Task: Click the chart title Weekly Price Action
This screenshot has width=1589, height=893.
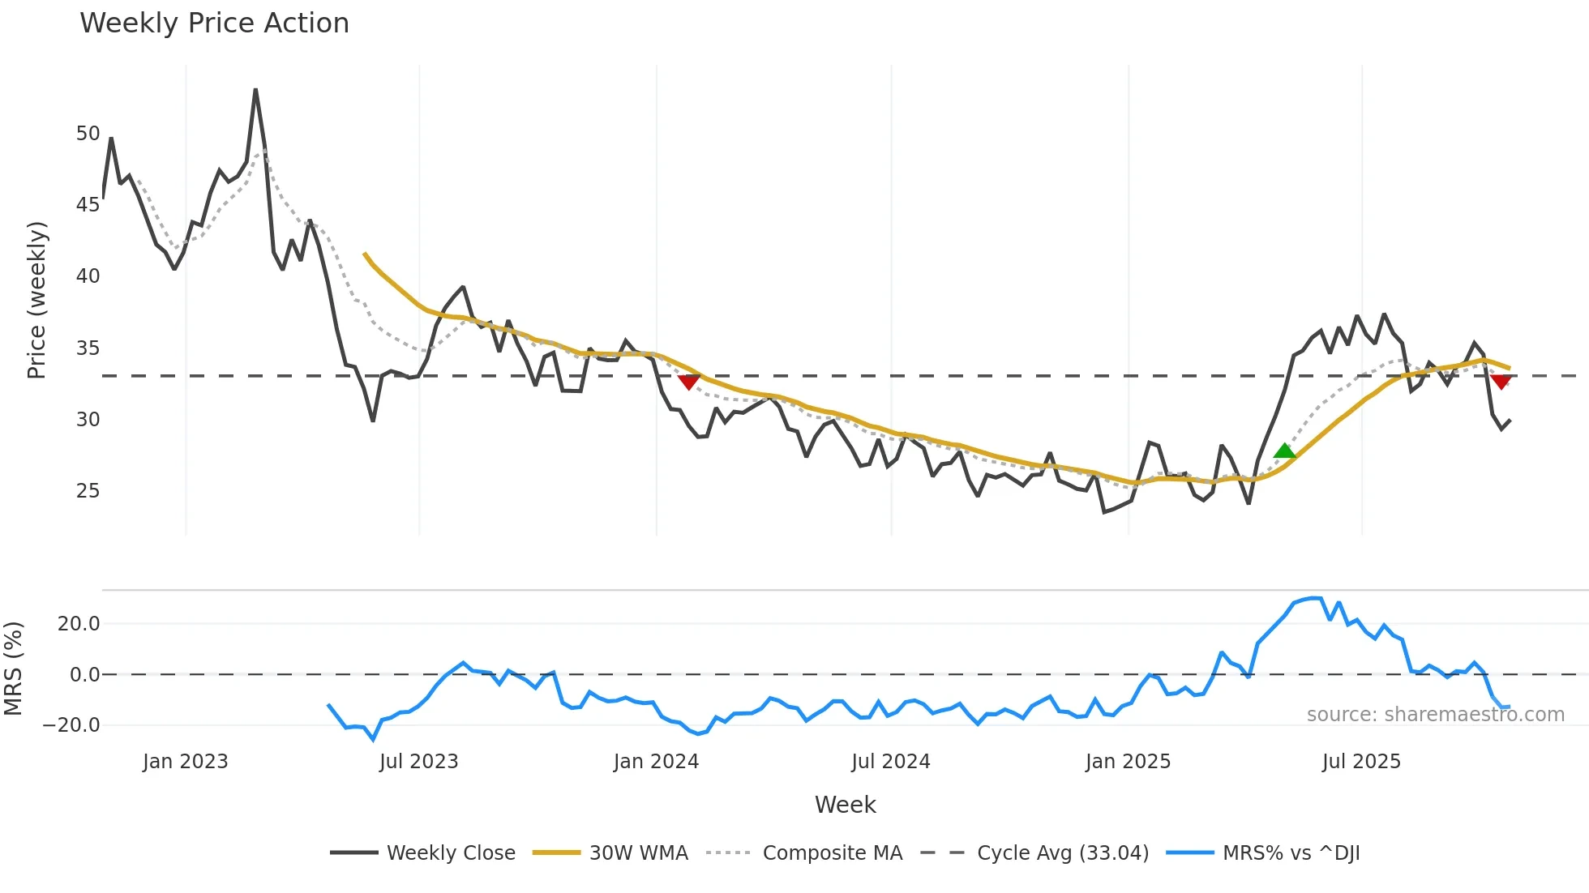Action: pos(214,23)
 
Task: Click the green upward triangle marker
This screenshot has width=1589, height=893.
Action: pos(1284,451)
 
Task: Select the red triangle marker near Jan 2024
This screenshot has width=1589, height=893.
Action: pos(688,382)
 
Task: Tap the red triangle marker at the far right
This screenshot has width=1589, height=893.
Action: pos(1501,382)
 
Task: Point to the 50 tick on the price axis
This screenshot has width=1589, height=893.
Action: pos(88,134)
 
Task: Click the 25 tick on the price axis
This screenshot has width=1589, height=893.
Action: pos(88,491)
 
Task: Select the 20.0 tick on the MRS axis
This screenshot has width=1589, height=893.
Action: pos(79,624)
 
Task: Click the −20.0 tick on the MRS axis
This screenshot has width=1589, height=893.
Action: pos(71,725)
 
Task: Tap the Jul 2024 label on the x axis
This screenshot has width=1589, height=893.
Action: pos(890,762)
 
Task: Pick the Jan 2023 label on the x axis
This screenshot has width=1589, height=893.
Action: pos(185,762)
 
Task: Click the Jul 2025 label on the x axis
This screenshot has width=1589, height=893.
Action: pos(1361,762)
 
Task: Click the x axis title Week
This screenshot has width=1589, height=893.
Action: pos(845,805)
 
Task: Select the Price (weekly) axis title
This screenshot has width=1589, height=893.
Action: pos(36,300)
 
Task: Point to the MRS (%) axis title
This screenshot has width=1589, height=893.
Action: pos(13,669)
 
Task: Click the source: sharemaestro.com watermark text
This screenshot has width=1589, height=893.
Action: pos(1435,715)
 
